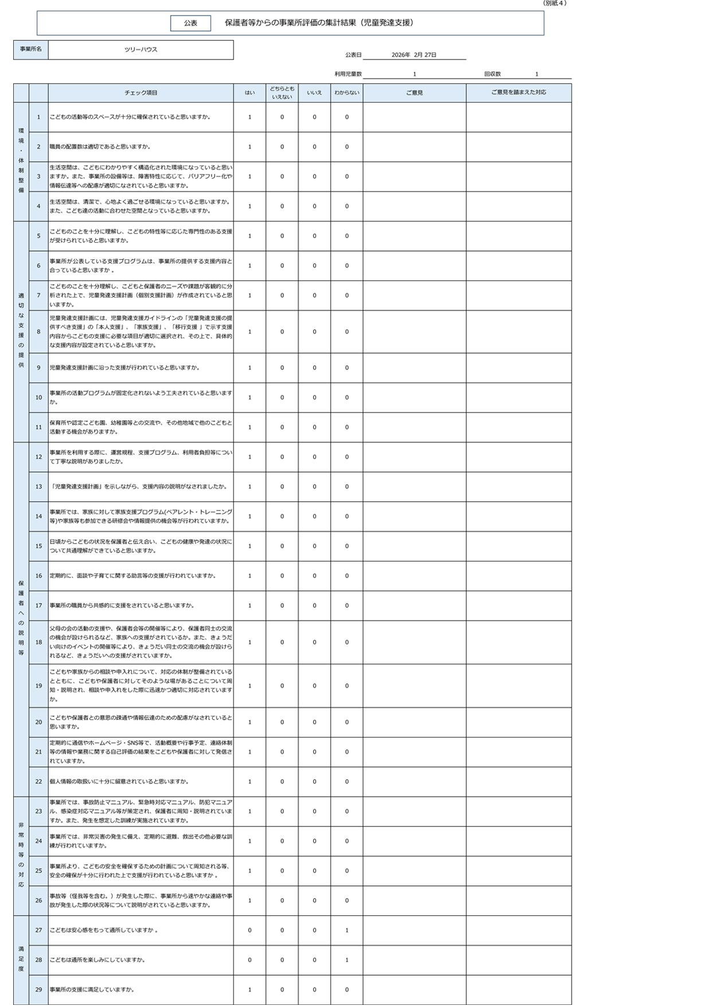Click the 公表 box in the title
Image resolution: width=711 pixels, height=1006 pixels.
[190, 23]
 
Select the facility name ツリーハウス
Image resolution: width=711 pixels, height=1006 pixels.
[140, 49]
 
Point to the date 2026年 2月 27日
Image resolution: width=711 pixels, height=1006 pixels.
[413, 55]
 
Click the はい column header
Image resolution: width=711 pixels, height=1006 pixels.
[249, 93]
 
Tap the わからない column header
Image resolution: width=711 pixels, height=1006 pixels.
[346, 93]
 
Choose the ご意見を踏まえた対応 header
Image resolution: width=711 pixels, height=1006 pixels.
[518, 93]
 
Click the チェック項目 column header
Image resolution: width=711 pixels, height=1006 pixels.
[140, 93]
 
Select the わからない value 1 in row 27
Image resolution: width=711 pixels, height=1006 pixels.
[346, 930]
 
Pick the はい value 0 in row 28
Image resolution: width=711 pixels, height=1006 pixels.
[249, 960]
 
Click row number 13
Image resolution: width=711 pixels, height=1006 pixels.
[38, 487]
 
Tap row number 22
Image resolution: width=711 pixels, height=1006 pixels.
[38, 782]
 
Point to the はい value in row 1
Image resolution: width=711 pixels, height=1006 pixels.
[249, 117]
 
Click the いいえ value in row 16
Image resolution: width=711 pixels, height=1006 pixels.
[314, 576]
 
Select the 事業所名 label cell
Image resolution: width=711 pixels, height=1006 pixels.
[30, 49]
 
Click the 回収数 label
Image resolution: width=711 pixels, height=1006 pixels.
[492, 74]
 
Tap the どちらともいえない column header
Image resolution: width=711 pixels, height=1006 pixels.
[282, 93]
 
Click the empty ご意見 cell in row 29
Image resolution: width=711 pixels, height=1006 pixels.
[414, 989]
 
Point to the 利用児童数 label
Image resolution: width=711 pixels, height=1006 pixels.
[348, 74]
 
